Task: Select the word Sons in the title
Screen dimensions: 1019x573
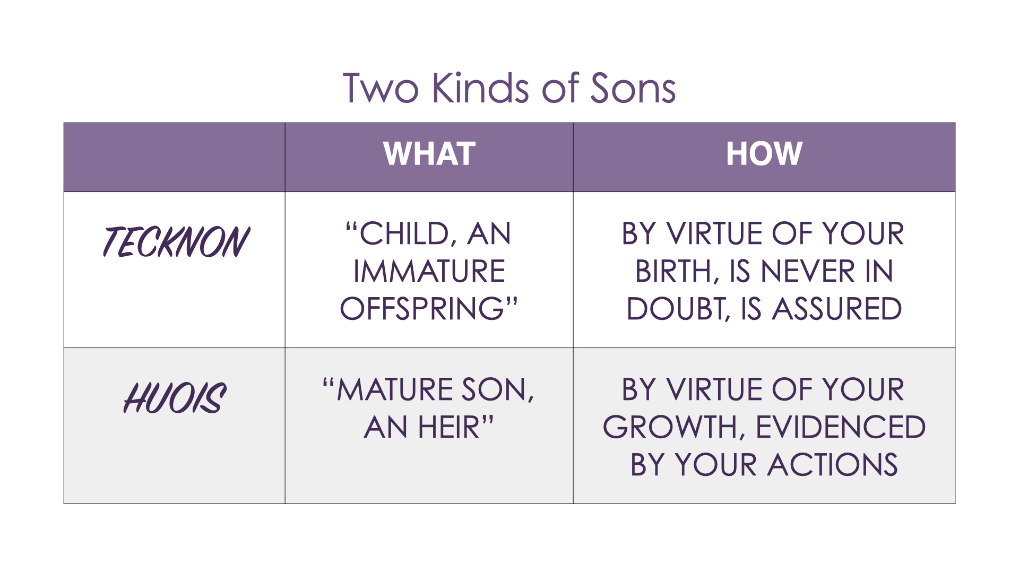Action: point(633,88)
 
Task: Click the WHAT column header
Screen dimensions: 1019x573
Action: point(429,154)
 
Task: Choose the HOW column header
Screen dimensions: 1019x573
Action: point(764,154)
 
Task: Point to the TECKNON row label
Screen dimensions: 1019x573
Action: point(176,242)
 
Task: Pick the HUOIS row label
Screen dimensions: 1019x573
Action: point(175,397)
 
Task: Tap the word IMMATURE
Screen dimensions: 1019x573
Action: point(429,271)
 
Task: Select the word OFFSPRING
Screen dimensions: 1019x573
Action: point(422,309)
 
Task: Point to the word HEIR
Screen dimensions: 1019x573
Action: point(448,427)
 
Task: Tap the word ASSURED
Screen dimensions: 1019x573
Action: point(837,309)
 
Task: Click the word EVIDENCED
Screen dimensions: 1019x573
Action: point(841,427)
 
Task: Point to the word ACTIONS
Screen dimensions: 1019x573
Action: point(833,465)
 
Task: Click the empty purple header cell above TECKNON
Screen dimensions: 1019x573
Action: point(174,157)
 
